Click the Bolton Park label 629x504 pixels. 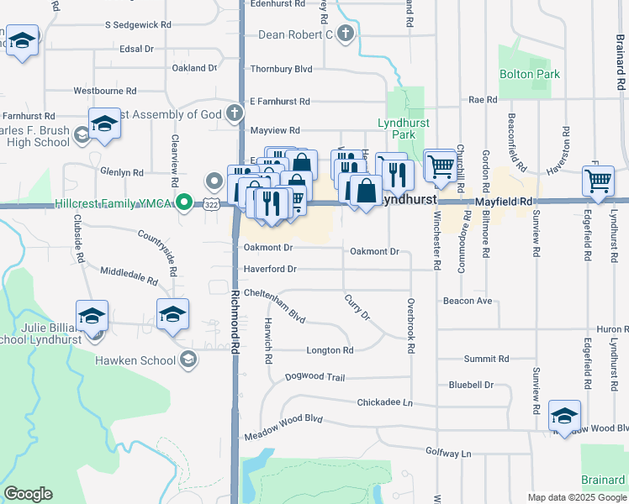coord(530,75)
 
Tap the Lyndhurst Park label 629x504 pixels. coord(396,129)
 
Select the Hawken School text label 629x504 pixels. coord(134,360)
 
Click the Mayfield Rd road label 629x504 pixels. coord(504,202)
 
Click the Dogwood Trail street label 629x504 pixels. coord(314,378)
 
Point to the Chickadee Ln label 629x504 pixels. coord(384,403)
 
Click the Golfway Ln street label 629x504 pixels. coord(448,454)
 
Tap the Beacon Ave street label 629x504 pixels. coord(468,301)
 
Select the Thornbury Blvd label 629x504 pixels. coord(281,68)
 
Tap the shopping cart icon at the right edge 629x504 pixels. coord(598,180)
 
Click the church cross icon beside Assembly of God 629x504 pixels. coord(235,113)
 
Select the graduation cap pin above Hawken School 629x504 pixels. coord(172,315)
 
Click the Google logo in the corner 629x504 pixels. coord(28,494)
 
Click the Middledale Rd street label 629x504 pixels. coord(129,274)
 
